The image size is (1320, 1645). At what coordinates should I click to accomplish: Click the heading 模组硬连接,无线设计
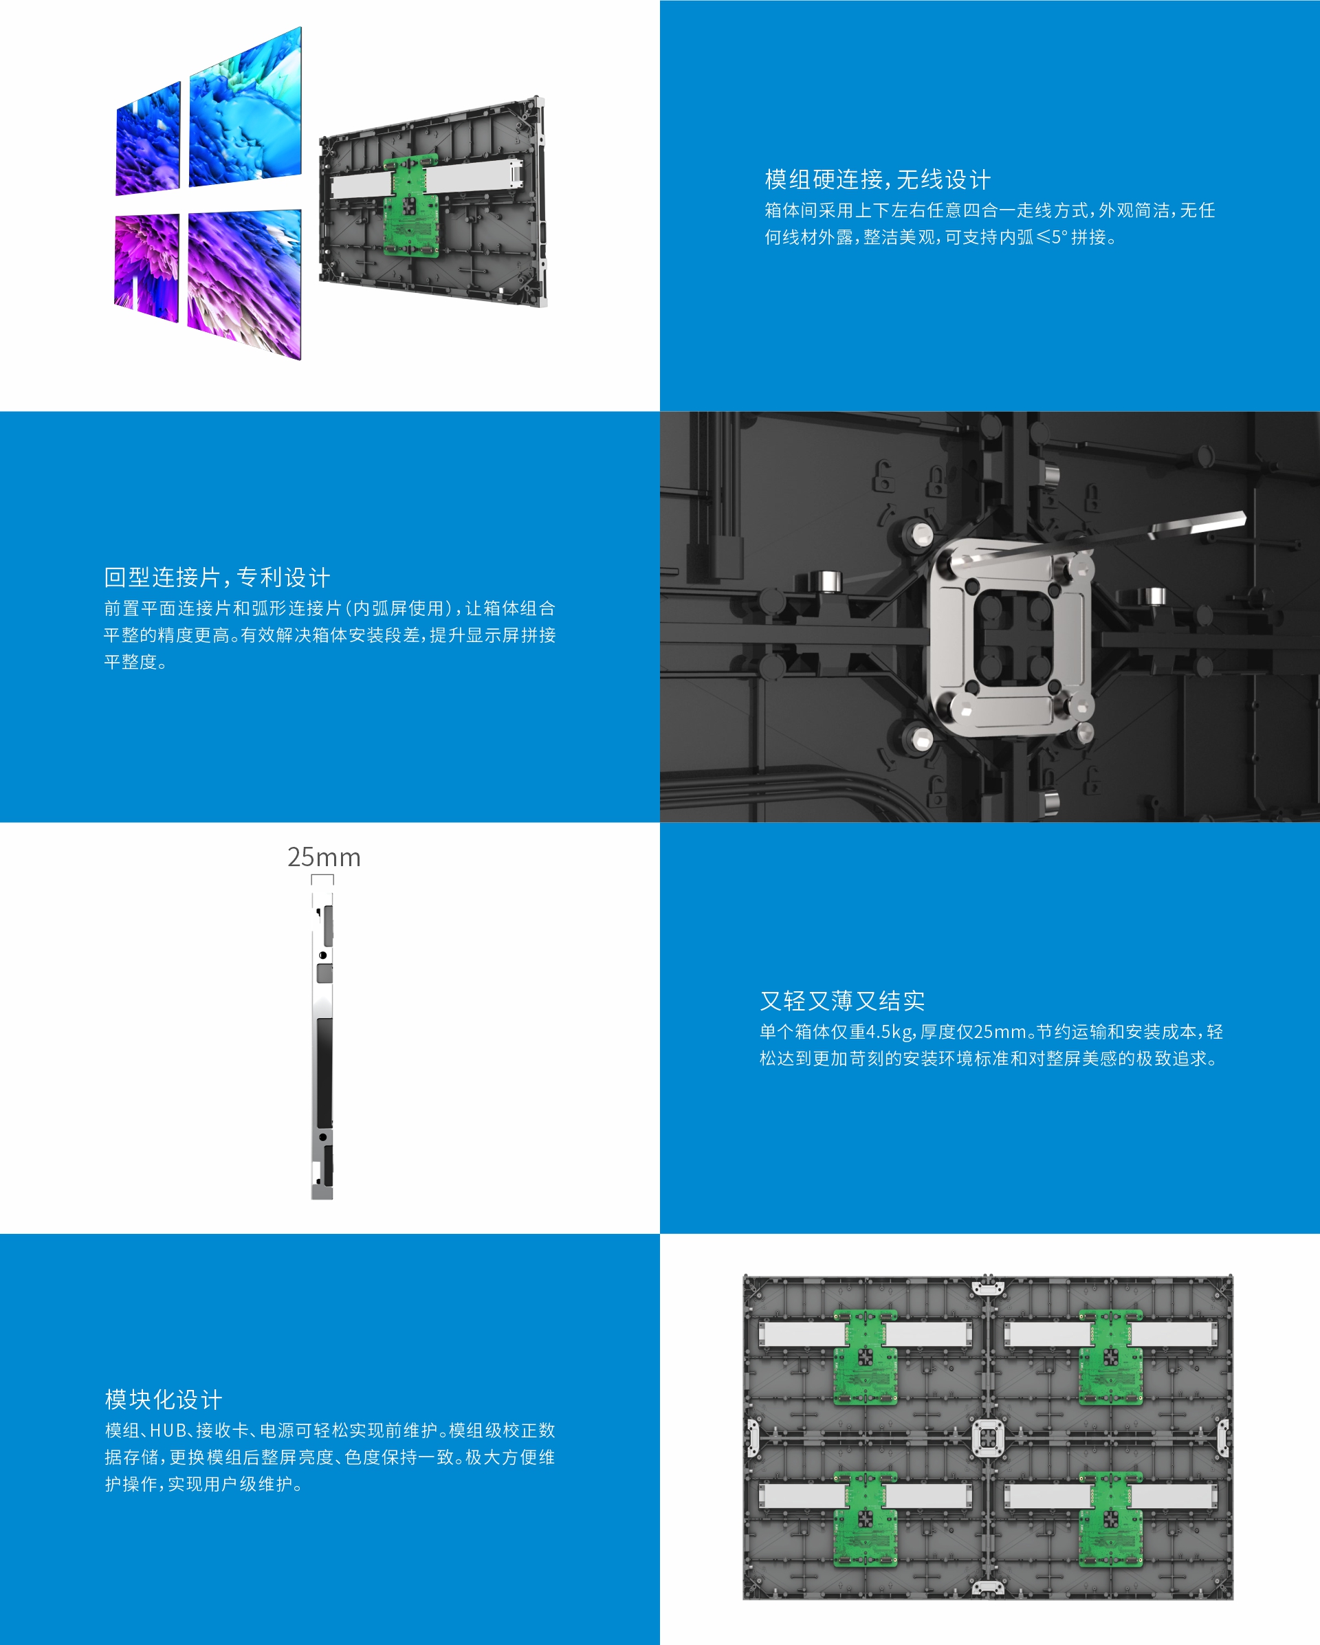click(877, 180)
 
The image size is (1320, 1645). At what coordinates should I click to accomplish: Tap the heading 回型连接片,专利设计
click(217, 577)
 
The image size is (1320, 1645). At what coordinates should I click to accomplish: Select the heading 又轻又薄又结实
click(842, 1000)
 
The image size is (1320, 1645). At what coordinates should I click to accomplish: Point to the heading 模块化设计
click(164, 1400)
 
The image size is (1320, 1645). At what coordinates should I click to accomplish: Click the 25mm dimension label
click(324, 857)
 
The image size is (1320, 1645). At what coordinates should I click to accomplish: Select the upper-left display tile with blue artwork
click(148, 138)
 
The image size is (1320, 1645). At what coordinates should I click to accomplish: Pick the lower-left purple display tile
click(146, 267)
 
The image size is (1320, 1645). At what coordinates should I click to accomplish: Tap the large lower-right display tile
click(244, 284)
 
